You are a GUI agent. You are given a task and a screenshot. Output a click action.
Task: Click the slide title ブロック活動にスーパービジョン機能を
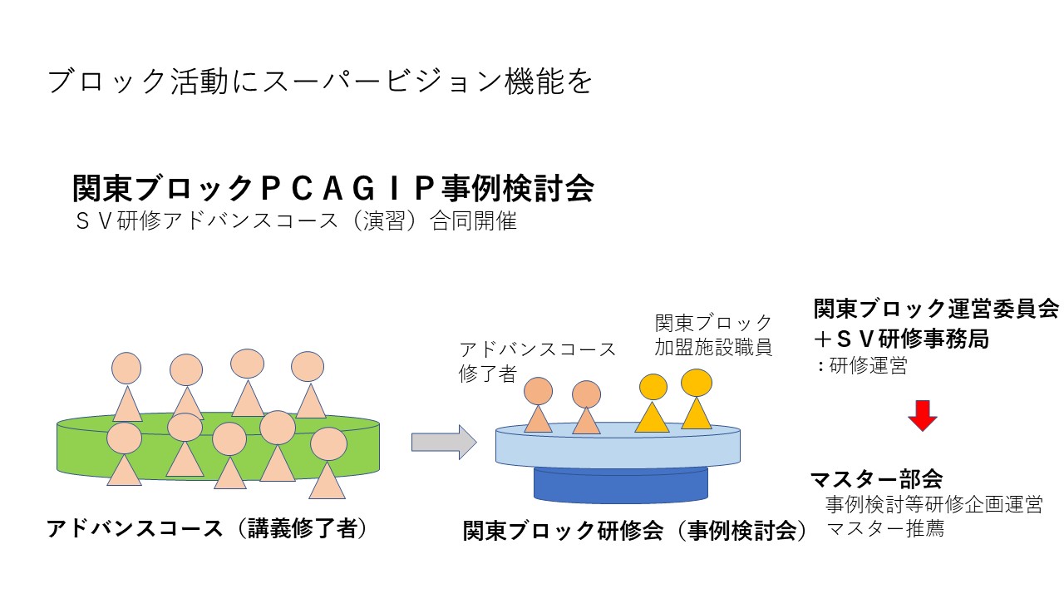pos(319,82)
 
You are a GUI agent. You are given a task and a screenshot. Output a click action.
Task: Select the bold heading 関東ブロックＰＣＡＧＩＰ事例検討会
pos(333,189)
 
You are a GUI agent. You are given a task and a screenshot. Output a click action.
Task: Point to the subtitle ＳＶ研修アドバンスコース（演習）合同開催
pos(296,223)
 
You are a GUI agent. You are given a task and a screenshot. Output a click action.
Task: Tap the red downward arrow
pos(922,415)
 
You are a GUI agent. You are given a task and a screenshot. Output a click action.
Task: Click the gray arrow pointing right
pos(444,442)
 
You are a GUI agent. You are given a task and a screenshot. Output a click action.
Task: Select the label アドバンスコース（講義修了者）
pos(207,529)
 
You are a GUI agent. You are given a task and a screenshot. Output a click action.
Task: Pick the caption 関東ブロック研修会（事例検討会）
pos(636,531)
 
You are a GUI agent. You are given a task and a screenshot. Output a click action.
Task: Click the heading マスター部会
pos(876,479)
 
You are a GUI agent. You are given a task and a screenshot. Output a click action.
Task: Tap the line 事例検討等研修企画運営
pos(933,504)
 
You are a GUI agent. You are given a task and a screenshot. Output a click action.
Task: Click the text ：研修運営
pos(861,366)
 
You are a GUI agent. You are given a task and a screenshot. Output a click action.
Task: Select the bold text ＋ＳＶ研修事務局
pos(901,339)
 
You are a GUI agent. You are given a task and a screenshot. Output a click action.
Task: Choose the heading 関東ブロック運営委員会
pos(936,309)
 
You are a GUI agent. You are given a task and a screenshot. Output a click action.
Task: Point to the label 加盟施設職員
pos(713,348)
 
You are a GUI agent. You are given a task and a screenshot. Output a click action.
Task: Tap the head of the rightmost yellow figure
pos(697,383)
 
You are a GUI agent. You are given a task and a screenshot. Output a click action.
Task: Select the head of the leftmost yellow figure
pos(653,387)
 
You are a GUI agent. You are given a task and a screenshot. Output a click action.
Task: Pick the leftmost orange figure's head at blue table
pos(538,390)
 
